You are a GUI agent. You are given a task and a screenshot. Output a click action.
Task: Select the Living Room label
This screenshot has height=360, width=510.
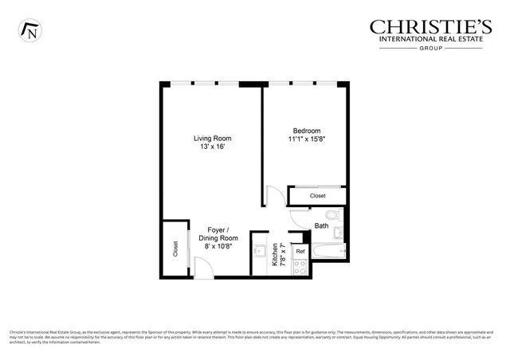click(213, 139)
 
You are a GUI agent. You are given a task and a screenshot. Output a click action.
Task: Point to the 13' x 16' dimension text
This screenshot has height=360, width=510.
click(213, 147)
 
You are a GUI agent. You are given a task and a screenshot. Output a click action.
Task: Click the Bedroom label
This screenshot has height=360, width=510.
click(306, 131)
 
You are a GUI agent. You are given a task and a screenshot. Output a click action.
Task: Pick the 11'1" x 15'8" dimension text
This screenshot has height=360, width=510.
click(306, 139)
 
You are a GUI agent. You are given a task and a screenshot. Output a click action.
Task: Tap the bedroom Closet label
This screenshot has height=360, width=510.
click(317, 195)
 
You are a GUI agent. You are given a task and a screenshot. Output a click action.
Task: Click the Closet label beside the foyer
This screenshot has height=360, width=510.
click(175, 248)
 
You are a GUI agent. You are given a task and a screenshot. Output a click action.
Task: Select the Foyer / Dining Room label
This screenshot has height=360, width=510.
click(218, 233)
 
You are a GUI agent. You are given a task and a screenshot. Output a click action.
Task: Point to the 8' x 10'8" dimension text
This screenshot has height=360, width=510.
click(218, 247)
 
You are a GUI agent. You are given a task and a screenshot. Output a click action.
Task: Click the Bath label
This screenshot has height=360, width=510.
click(321, 225)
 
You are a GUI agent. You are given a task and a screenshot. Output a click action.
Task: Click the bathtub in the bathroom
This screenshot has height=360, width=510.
click(327, 253)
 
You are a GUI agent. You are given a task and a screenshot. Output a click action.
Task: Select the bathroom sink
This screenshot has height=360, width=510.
click(339, 233)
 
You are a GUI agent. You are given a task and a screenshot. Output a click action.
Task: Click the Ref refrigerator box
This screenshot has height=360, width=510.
click(300, 251)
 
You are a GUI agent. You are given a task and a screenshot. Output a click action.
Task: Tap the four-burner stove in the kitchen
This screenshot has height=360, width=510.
click(300, 268)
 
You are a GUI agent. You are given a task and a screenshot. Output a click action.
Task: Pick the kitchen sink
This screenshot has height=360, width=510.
click(260, 252)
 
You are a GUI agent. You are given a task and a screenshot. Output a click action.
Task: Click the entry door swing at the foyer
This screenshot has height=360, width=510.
click(204, 268)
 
